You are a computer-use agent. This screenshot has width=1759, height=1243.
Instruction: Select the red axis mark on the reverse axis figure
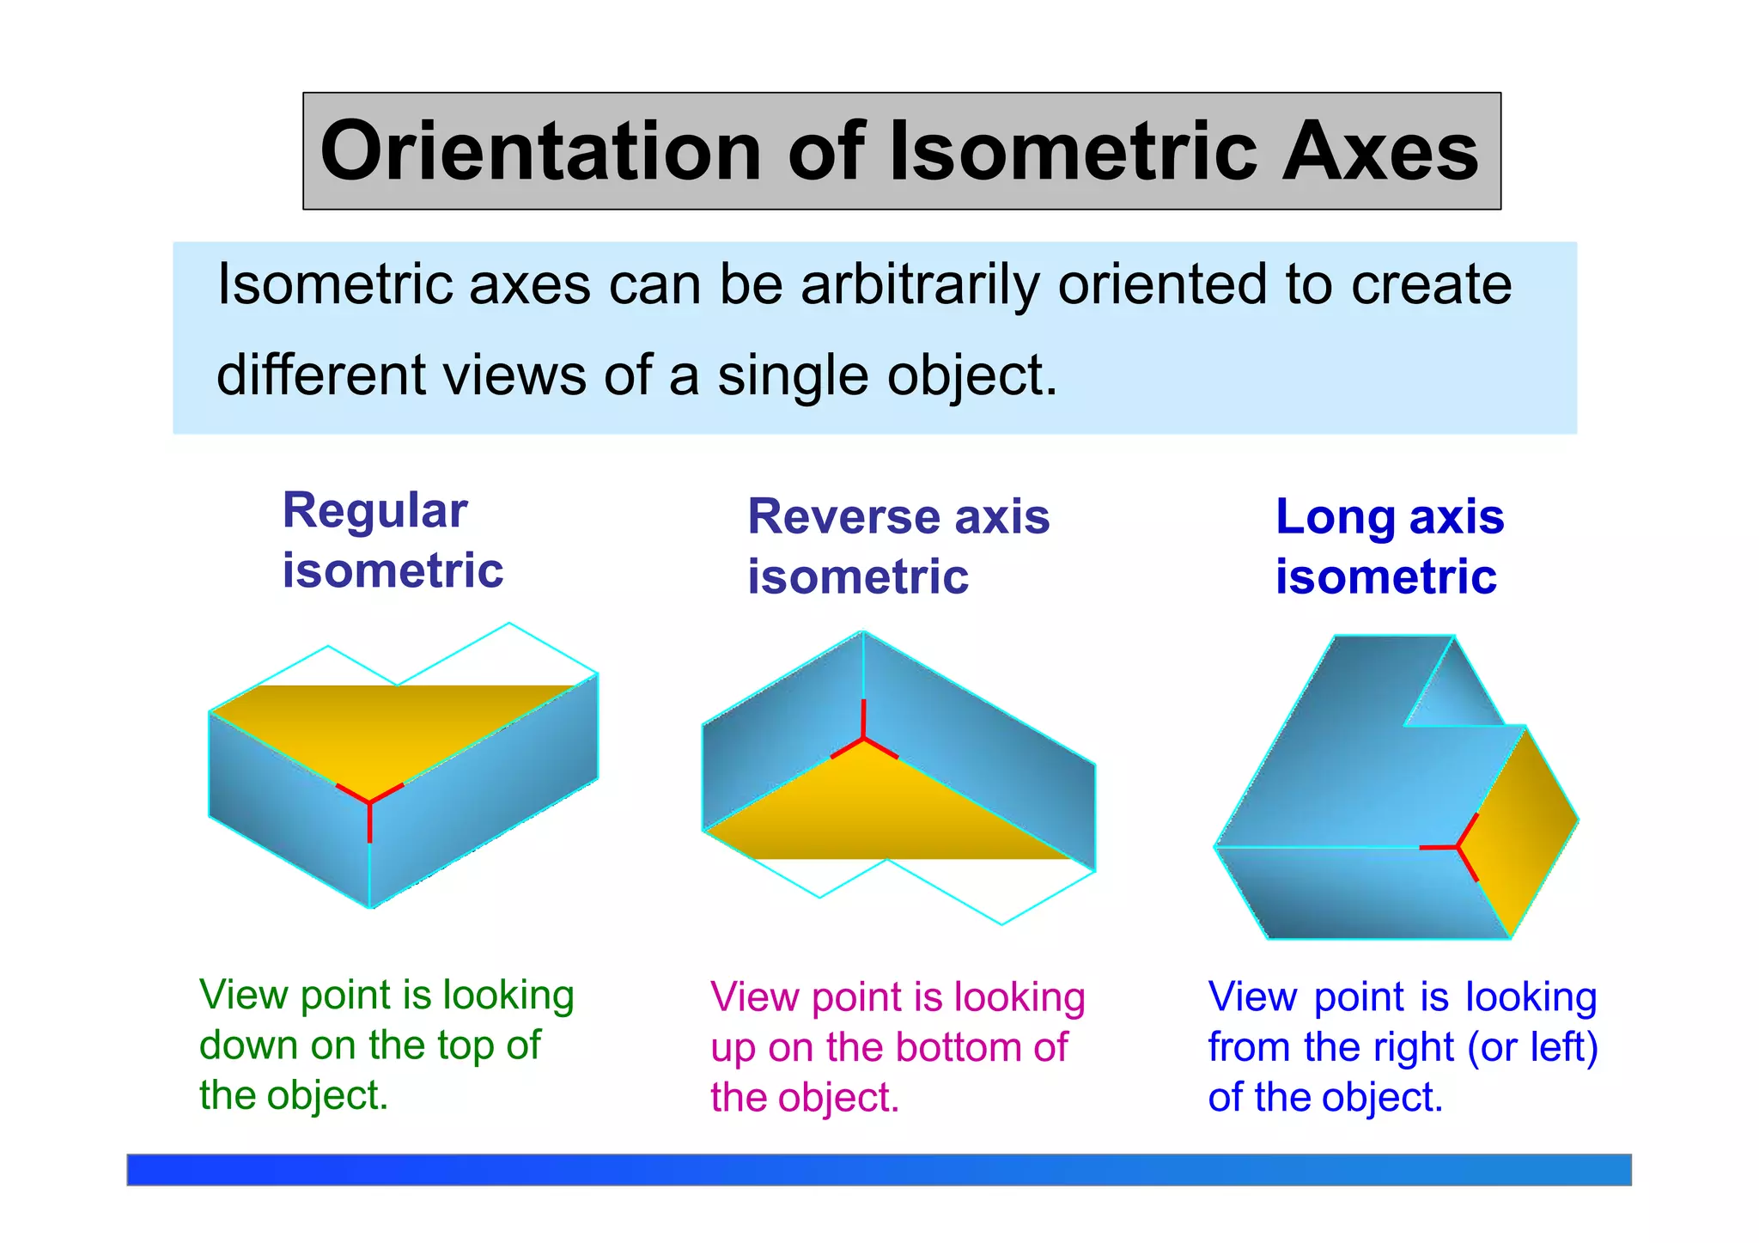point(863,738)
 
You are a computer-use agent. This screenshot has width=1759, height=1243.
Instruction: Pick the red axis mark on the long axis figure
point(1458,847)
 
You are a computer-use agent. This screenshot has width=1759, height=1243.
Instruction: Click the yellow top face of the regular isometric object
point(386,730)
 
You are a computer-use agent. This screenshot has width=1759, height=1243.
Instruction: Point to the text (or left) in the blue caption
point(1533,1047)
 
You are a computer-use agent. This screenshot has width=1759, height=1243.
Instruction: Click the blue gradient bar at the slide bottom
point(879,1169)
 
